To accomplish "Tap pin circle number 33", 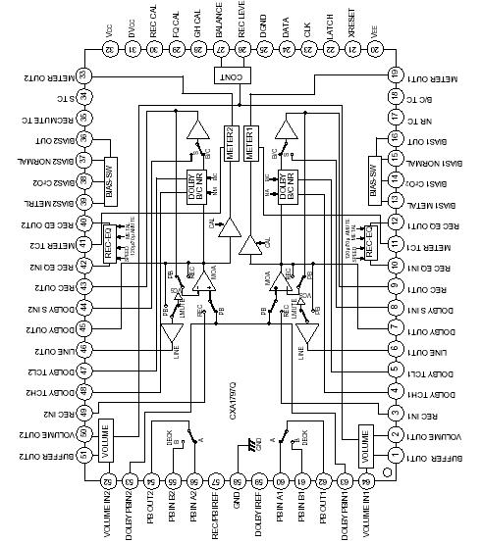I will pos(83,75).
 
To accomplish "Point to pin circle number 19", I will pos(395,74).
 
